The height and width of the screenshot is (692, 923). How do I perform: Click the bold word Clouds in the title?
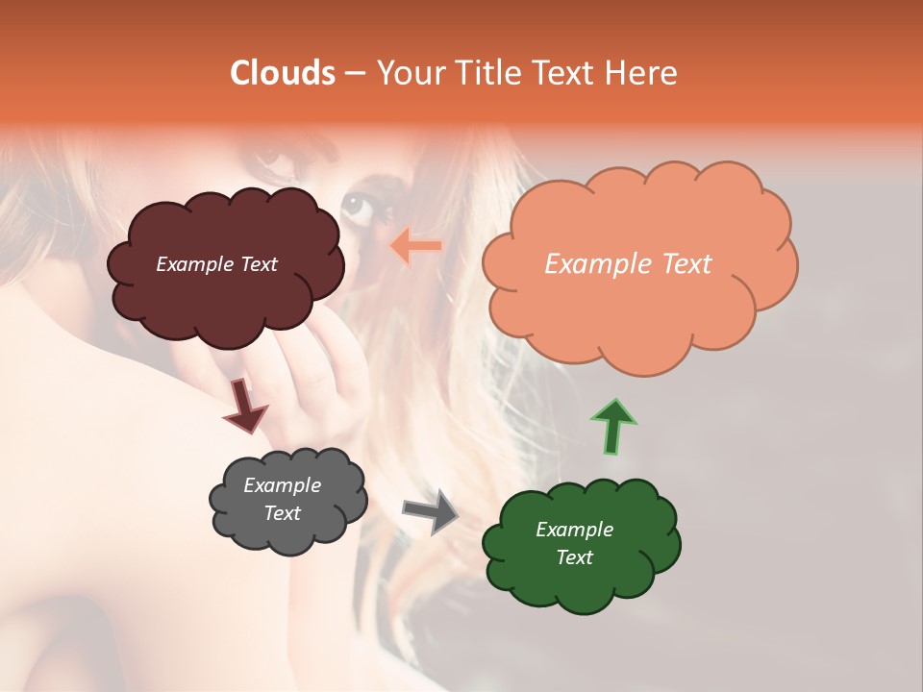point(283,73)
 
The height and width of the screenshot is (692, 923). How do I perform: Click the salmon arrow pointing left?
point(415,246)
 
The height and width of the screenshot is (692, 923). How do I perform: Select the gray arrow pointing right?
point(431,510)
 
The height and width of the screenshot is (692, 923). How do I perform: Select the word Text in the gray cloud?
point(283,514)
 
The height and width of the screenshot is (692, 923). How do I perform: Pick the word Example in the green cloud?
point(574,530)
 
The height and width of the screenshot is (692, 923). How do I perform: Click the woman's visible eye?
point(357,204)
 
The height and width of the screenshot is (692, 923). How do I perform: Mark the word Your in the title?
point(407,73)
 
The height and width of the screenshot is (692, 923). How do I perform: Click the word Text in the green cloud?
point(574,558)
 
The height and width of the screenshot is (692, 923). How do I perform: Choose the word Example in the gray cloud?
point(283,485)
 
